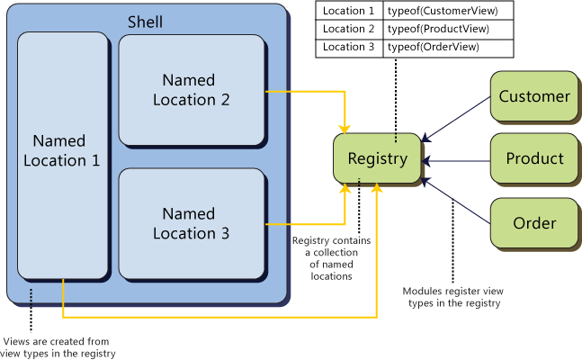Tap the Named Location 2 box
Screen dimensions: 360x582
click(x=192, y=90)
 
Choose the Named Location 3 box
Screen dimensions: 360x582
click(x=192, y=223)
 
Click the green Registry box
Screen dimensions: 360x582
click(x=378, y=159)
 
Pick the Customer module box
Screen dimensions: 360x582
click(x=534, y=96)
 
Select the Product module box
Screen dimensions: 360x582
click(x=534, y=159)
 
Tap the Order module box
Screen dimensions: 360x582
click(x=534, y=222)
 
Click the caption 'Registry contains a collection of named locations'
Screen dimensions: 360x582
click(x=333, y=258)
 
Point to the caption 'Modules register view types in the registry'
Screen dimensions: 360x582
click(x=452, y=298)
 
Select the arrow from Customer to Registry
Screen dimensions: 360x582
click(x=457, y=118)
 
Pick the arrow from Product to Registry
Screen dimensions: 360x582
click(x=457, y=160)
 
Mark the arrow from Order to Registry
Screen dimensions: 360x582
click(x=457, y=201)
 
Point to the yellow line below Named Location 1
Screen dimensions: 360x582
click(x=216, y=317)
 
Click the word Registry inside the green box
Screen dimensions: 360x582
click(x=378, y=159)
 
